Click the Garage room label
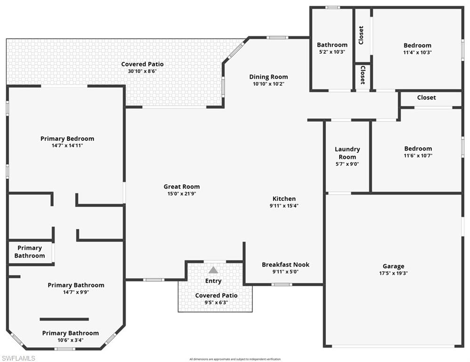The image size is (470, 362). [393, 266]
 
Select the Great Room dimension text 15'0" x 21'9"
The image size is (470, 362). [182, 194]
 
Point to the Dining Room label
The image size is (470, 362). [268, 77]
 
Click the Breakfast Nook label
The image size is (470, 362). [285, 264]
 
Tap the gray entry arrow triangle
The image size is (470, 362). [213, 270]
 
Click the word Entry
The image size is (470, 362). [213, 281]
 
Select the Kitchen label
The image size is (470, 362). [284, 198]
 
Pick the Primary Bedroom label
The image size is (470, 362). [67, 139]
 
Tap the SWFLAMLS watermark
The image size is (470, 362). [18, 358]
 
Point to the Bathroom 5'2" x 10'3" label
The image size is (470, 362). [332, 45]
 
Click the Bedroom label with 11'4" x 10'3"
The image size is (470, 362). [417, 45]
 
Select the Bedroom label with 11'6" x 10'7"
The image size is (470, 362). [418, 148]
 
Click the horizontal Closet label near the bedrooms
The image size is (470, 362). [426, 98]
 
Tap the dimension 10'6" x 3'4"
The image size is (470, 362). [70, 340]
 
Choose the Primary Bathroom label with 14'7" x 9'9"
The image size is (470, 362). [76, 285]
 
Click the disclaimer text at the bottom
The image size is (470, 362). [235, 359]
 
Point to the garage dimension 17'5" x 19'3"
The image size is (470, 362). [393, 273]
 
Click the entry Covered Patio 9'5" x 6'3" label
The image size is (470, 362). [216, 295]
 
